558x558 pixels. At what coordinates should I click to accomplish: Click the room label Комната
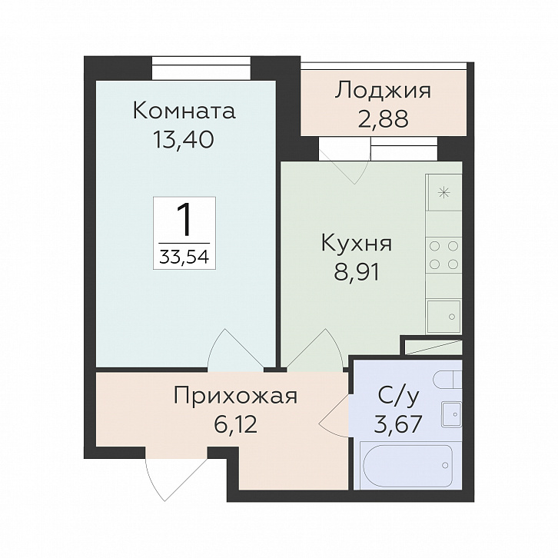pos(184,111)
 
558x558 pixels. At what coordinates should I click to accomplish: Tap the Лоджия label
pos(383,91)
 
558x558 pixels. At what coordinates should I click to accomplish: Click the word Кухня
pos(356,244)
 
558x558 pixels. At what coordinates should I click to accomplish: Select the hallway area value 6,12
pos(234,423)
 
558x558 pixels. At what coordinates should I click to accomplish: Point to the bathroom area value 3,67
pos(399,423)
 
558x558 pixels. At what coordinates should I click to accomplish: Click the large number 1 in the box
pos(184,221)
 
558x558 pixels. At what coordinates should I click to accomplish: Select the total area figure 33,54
pos(184,256)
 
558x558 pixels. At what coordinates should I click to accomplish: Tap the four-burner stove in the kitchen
pos(444,255)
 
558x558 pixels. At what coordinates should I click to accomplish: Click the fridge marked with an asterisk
pos(444,193)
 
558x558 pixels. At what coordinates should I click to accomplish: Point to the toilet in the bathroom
pos(447,380)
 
